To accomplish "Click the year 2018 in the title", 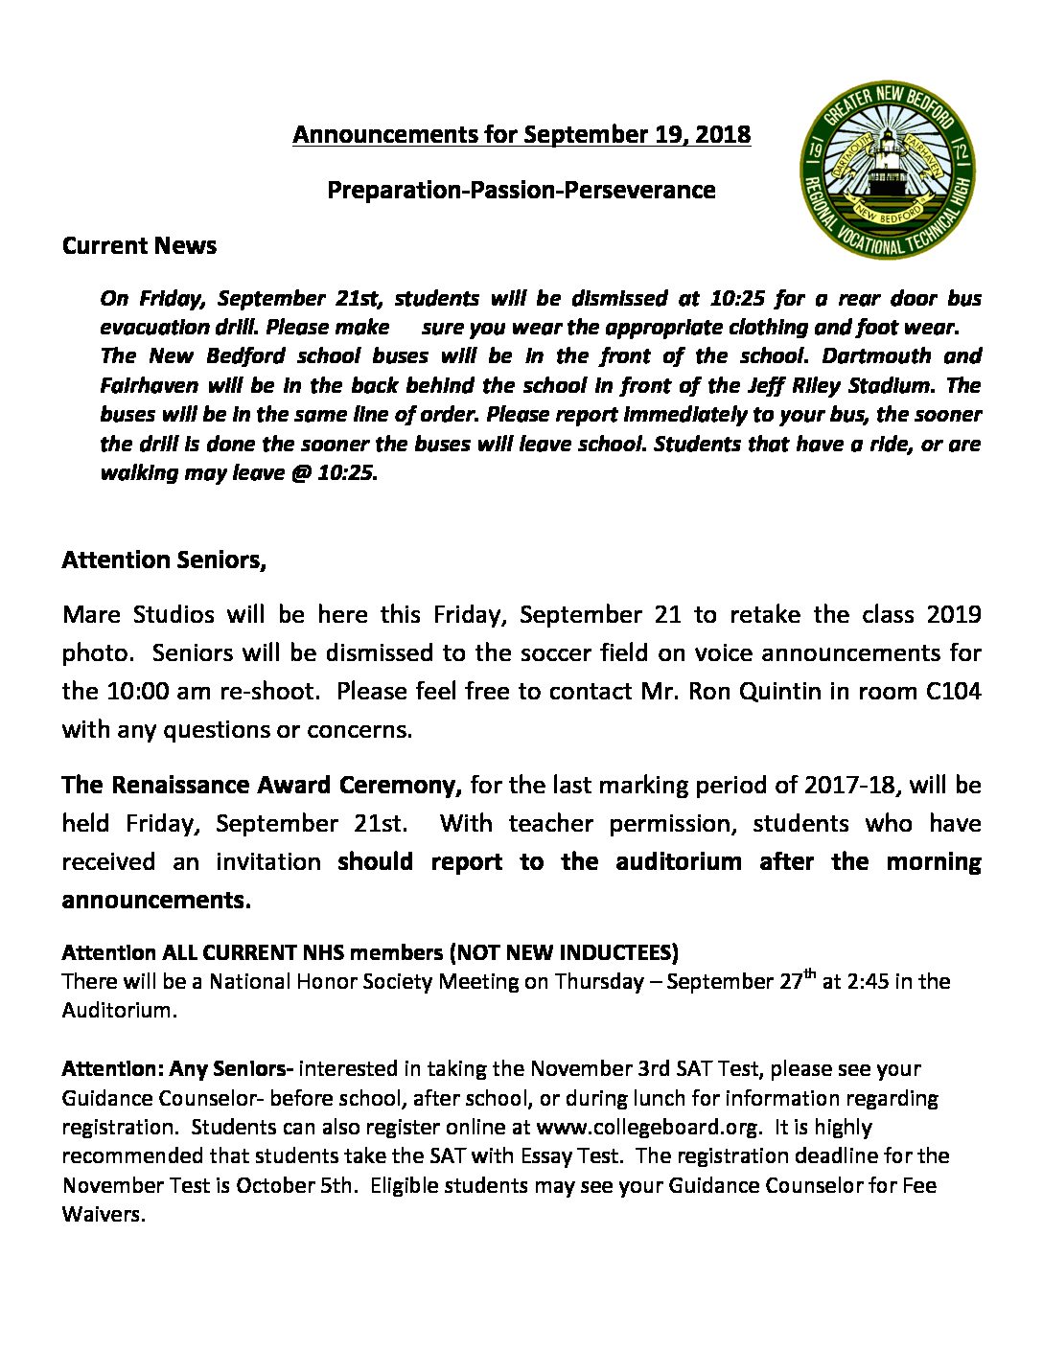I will tap(723, 134).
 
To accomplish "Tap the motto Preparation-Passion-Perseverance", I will tap(521, 190).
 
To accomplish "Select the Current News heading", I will tap(139, 246).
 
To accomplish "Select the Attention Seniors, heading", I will tap(164, 560).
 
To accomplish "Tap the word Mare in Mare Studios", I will tap(90, 614).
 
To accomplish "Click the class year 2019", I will tap(954, 614).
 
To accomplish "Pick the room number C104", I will tap(949, 691).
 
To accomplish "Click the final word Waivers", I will tap(104, 1215).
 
